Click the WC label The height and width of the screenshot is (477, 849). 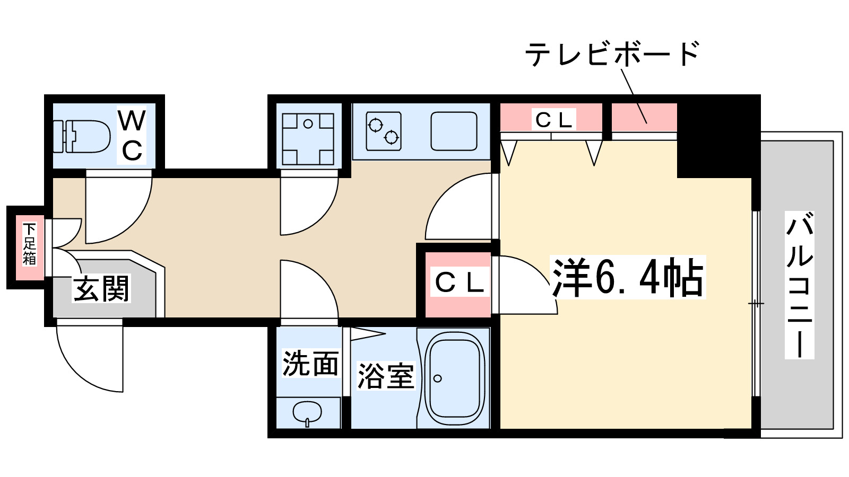(x=132, y=135)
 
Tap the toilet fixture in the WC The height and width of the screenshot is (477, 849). (x=82, y=136)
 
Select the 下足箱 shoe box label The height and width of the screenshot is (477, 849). (x=29, y=244)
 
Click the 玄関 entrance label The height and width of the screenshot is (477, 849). (x=101, y=289)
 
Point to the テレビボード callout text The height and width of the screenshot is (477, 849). (x=612, y=54)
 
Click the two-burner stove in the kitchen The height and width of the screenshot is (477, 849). (x=383, y=130)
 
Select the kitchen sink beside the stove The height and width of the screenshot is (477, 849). (x=454, y=131)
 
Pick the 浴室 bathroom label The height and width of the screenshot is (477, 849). (x=385, y=376)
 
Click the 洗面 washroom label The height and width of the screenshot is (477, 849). (x=310, y=364)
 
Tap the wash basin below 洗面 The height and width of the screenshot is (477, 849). (x=307, y=413)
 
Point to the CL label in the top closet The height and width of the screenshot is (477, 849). (x=553, y=120)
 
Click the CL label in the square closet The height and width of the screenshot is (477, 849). (x=459, y=283)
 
